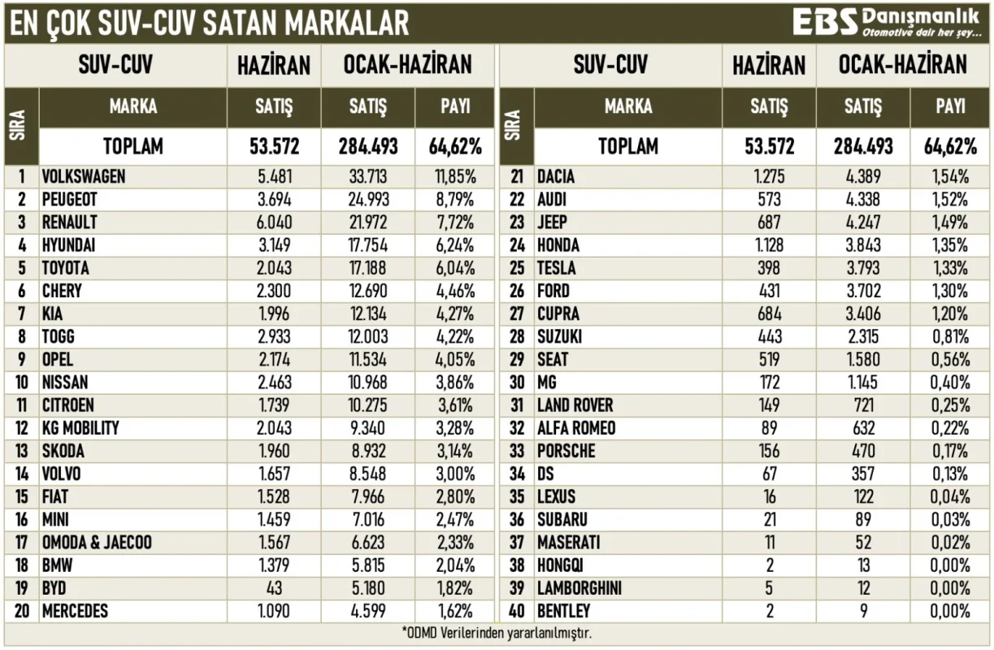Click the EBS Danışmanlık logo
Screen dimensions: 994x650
click(x=886, y=22)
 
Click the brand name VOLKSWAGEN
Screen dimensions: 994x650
click(x=84, y=176)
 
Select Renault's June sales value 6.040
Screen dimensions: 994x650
click(x=274, y=223)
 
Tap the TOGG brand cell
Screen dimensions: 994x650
click(x=59, y=336)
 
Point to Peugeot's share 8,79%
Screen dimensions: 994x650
click(x=455, y=200)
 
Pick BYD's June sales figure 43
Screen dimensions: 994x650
click(x=274, y=588)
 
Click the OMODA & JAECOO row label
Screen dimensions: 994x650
click(x=97, y=543)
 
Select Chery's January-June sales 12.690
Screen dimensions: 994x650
click(x=368, y=291)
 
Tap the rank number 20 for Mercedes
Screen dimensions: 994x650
click(x=22, y=611)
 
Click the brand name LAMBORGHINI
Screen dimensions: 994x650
click(x=579, y=588)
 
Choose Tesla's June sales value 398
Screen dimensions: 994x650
click(x=769, y=268)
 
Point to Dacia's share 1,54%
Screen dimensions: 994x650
click(x=950, y=176)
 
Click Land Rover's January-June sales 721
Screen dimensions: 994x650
click(x=862, y=405)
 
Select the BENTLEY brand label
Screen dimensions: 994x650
click(x=563, y=611)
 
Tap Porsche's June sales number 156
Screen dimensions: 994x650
click(x=769, y=451)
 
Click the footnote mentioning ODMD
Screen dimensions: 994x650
click(x=497, y=633)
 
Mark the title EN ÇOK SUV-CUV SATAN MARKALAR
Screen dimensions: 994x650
click(x=209, y=23)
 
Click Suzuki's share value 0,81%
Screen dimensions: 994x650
click(x=950, y=336)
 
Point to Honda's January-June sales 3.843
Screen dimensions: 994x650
click(x=862, y=245)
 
